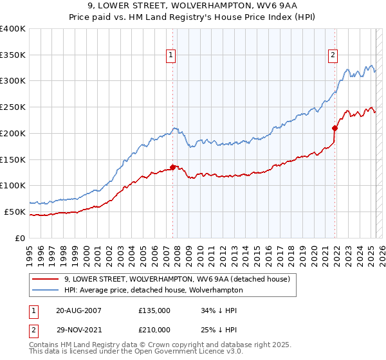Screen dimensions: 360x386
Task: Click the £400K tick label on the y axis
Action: tap(13, 29)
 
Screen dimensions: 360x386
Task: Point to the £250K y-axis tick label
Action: tap(13, 107)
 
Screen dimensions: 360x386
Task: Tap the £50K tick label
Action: tap(15, 212)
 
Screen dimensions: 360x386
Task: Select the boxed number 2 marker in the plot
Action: tap(333, 56)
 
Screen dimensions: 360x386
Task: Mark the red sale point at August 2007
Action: tap(173, 167)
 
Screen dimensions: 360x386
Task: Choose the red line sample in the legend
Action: tap(47, 280)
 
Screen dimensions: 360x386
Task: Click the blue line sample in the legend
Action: tap(47, 290)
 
